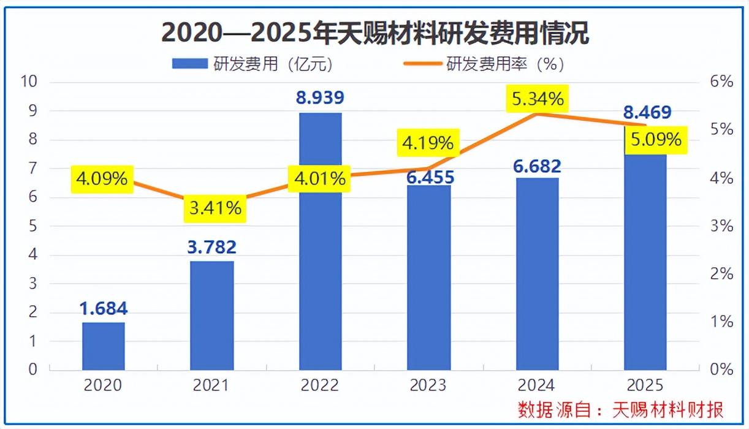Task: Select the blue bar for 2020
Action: pyautogui.click(x=104, y=346)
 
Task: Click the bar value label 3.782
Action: pyautogui.click(x=211, y=248)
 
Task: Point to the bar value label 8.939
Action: pyautogui.click(x=320, y=98)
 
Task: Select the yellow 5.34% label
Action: pyautogui.click(x=537, y=99)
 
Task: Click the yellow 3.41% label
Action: pyautogui.click(x=213, y=208)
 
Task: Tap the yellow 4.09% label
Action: pyautogui.click(x=102, y=179)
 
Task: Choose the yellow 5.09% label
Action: pyautogui.click(x=655, y=140)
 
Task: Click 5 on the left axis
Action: pyautogui.click(x=33, y=226)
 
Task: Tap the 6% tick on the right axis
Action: pyautogui.click(x=721, y=82)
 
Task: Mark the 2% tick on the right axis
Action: pyautogui.click(x=721, y=274)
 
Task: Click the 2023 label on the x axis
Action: pyautogui.click(x=428, y=385)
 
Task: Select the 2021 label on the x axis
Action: pyautogui.click(x=211, y=385)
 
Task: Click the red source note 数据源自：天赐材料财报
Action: pyautogui.click(x=620, y=409)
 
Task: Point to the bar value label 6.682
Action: pyautogui.click(x=537, y=165)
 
